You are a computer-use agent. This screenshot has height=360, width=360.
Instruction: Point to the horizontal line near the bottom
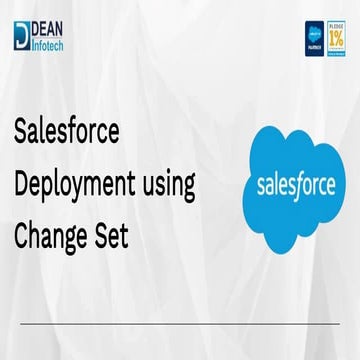tap(180, 324)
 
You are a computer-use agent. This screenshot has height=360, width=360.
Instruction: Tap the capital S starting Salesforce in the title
tap(22, 132)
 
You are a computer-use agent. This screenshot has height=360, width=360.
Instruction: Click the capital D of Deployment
tap(22, 184)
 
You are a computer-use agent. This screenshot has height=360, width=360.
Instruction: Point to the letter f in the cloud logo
tap(304, 184)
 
